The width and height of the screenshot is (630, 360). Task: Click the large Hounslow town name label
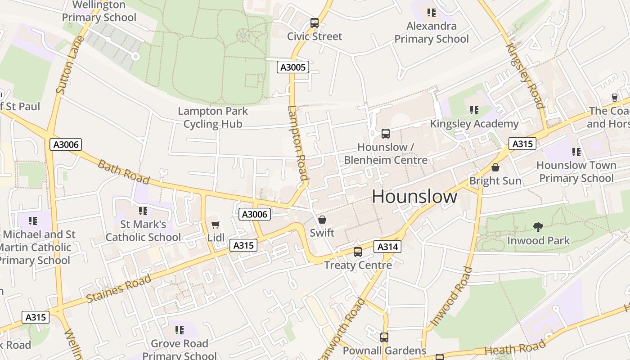pyautogui.click(x=414, y=197)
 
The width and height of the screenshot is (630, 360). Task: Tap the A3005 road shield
pyautogui.click(x=292, y=67)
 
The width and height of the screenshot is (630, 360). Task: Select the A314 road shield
pyautogui.click(x=387, y=247)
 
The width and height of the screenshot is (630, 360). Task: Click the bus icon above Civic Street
pyautogui.click(x=315, y=23)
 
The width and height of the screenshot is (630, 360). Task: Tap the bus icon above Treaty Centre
pyautogui.click(x=358, y=252)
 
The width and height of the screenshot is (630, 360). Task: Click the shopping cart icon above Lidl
pyautogui.click(x=216, y=224)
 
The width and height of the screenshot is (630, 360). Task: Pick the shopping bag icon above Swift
pyautogui.click(x=322, y=220)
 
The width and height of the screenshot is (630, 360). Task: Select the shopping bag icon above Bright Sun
pyautogui.click(x=495, y=167)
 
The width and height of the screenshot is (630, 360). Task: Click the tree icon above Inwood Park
pyautogui.click(x=538, y=227)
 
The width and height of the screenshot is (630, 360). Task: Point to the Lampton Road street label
pyautogui.click(x=297, y=143)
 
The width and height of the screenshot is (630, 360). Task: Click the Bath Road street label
pyautogui.click(x=123, y=171)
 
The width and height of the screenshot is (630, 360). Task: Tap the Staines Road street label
pyautogui.click(x=119, y=288)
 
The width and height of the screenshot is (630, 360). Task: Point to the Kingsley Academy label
pyautogui.click(x=474, y=124)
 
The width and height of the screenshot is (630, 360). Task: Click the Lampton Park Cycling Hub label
pyautogui.click(x=213, y=117)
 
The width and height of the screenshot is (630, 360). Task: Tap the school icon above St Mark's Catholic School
pyautogui.click(x=143, y=211)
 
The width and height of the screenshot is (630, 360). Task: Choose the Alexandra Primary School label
pyautogui.click(x=432, y=32)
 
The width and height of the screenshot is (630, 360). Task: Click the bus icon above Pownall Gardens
pyautogui.click(x=384, y=337)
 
